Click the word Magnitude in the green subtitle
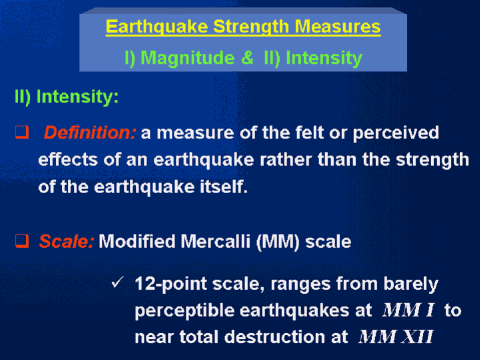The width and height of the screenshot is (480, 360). tap(188, 58)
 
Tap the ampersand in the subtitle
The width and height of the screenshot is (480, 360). tap(247, 57)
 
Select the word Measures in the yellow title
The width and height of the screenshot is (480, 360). tap(337, 27)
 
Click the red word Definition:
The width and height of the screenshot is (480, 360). tap(90, 132)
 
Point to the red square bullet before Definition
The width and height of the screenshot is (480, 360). tap(22, 132)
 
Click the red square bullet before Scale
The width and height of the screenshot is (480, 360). tap(22, 241)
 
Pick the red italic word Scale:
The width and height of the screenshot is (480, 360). tap(66, 241)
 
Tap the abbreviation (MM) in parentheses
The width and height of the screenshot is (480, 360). tap(278, 242)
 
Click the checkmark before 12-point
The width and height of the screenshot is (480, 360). tap(118, 282)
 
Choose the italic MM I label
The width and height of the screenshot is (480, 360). tap(409, 310)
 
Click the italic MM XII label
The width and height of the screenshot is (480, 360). tap(396, 337)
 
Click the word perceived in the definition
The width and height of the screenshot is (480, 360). tap(396, 133)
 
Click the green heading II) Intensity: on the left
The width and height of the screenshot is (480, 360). tap(67, 97)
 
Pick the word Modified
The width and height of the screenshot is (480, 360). tap(137, 241)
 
